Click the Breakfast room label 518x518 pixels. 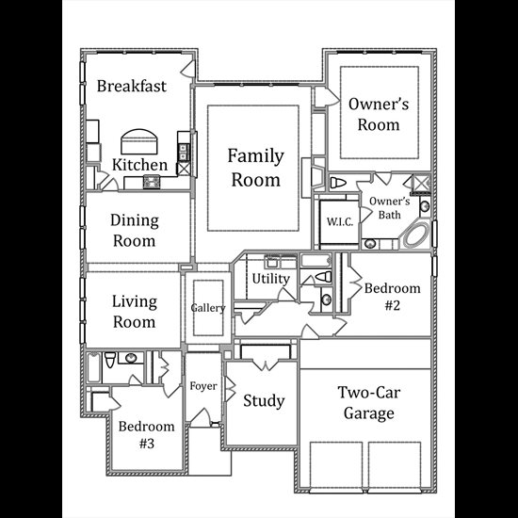132,86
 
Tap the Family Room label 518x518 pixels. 255,168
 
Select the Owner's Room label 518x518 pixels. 379,114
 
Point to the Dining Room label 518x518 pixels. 135,230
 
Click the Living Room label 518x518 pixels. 135,311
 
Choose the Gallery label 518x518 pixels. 208,308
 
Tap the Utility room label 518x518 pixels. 271,279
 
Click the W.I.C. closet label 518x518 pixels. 340,221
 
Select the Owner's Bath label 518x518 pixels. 390,208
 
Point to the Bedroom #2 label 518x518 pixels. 393,297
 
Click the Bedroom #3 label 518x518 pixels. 147,434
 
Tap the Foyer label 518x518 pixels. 203,386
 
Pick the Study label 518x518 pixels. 264,400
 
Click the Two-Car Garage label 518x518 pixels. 369,403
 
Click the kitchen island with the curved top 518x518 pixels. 139,141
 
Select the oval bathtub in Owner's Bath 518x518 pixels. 416,235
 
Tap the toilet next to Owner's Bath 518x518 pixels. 338,183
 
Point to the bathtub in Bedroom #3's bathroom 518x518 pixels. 94,367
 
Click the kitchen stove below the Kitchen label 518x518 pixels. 152,182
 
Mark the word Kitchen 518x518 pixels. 139,165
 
